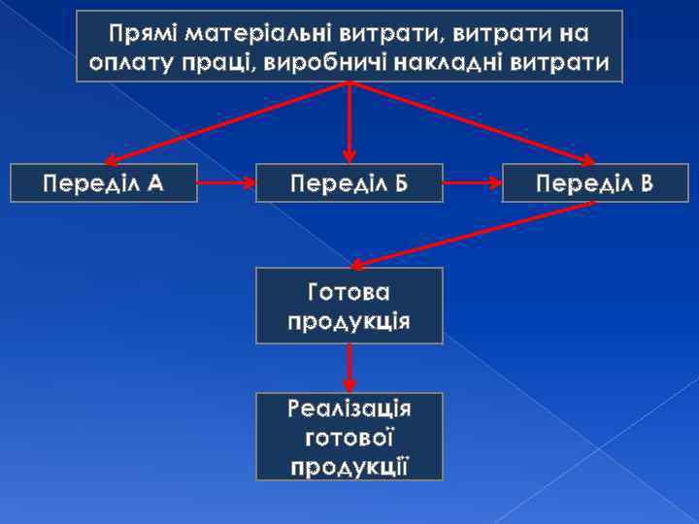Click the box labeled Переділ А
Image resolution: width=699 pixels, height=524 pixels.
tap(103, 182)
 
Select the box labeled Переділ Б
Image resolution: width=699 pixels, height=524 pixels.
tap(349, 182)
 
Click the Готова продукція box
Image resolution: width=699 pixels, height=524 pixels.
tap(349, 305)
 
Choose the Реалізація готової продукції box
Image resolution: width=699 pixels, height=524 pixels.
tap(349, 436)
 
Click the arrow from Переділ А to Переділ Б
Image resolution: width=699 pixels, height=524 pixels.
tap(226, 182)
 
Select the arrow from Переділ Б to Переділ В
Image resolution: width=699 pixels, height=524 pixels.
tap(473, 182)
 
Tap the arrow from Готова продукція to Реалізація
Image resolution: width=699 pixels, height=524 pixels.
tap(349, 368)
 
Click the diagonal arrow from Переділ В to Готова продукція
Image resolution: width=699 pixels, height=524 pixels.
tap(476, 233)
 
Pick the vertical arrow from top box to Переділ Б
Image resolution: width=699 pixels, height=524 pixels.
tap(349, 121)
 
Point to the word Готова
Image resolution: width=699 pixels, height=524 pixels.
tap(349, 291)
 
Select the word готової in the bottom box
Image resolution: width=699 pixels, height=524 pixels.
tap(349, 437)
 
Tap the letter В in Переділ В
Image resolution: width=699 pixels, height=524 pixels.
tap(646, 182)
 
